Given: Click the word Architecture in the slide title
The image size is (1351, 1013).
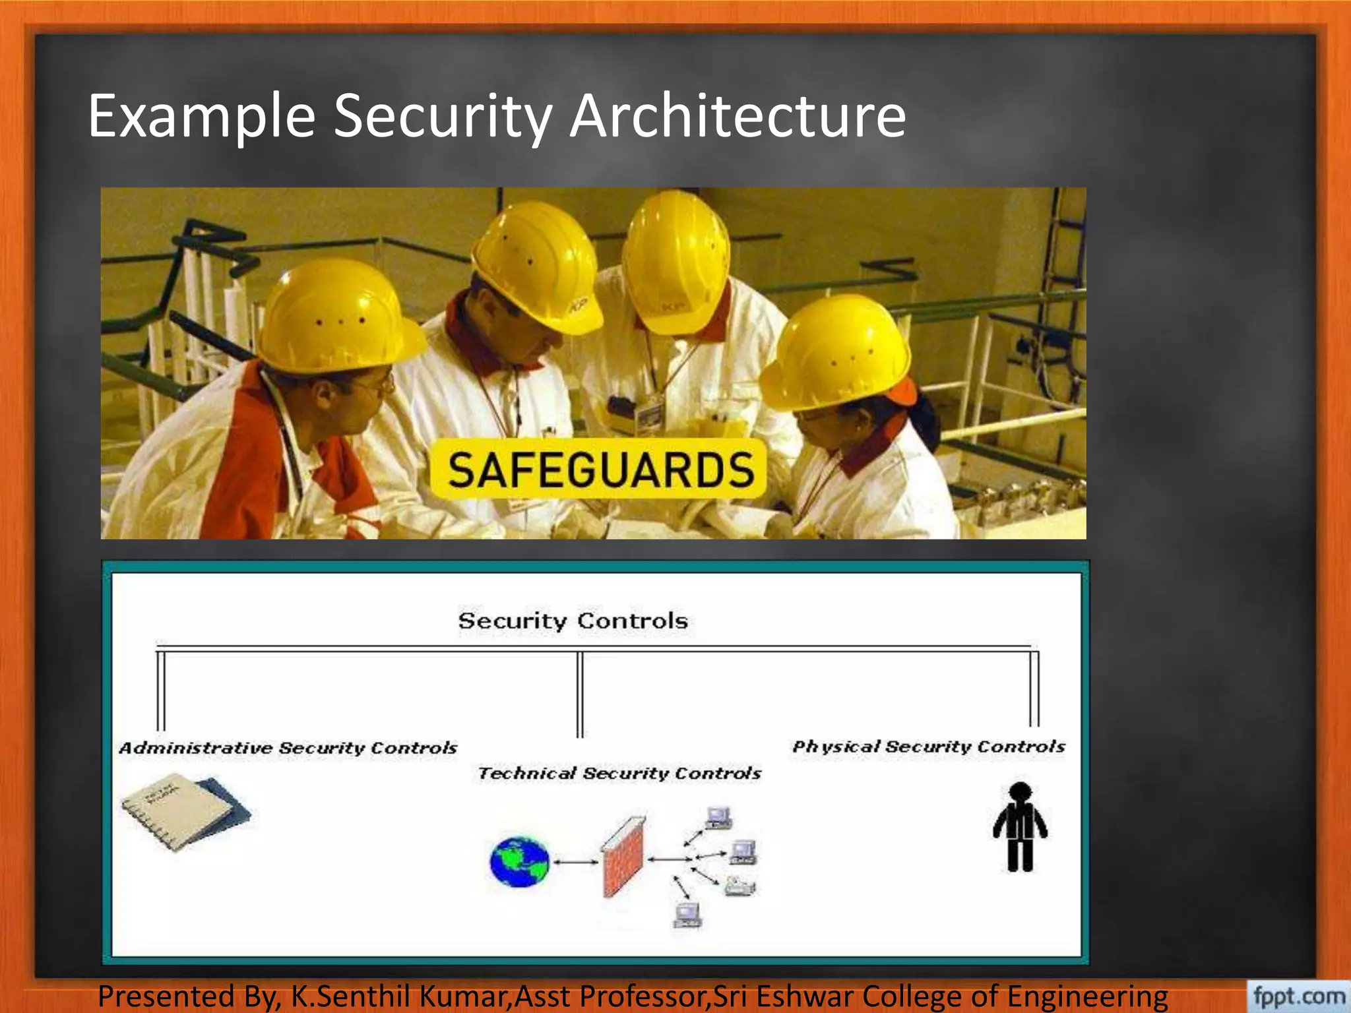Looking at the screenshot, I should click(737, 116).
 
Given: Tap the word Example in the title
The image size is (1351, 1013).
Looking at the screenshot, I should click(202, 117).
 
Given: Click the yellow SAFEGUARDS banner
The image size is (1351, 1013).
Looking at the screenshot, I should click(599, 470).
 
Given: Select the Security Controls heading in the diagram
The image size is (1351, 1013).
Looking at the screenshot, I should click(573, 621).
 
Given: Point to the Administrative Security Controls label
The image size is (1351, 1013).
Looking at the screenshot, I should click(288, 748).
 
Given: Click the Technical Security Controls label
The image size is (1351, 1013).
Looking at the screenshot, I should click(619, 773).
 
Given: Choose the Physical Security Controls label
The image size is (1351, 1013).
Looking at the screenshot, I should click(928, 747).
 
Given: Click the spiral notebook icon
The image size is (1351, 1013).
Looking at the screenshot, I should click(185, 811).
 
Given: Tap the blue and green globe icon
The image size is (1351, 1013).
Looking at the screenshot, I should click(520, 861).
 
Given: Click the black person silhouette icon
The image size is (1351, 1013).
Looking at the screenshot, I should click(1020, 827).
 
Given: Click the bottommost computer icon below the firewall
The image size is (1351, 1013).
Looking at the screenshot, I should click(687, 914).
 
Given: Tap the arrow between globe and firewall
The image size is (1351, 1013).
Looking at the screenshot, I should click(576, 861).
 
